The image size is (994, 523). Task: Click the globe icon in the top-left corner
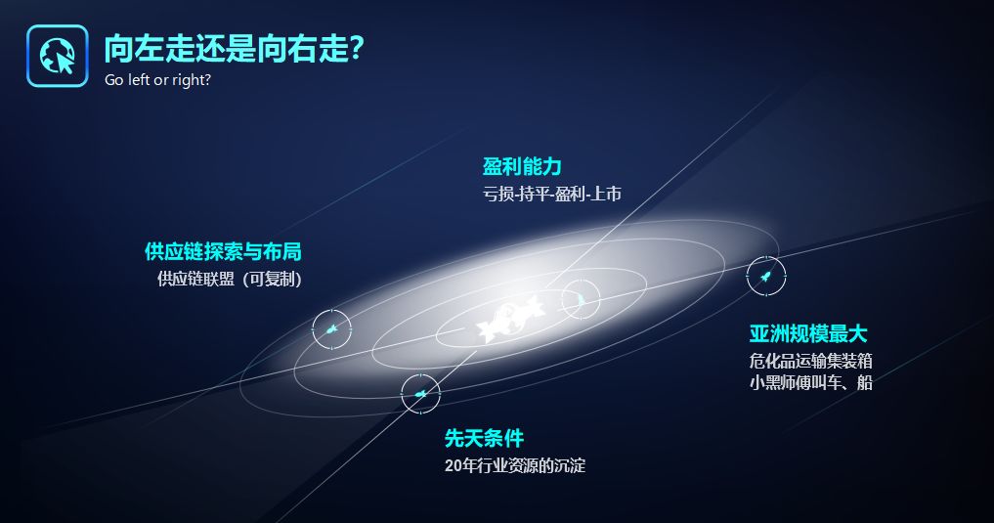click(x=57, y=56)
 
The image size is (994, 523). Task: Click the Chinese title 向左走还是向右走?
click(x=234, y=48)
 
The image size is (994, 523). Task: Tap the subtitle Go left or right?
click(x=158, y=80)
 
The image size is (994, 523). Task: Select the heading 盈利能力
click(x=522, y=167)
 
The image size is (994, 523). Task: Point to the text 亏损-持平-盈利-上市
click(x=552, y=194)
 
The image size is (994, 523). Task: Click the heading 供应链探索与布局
click(x=223, y=251)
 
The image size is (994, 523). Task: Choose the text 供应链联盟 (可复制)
click(x=230, y=279)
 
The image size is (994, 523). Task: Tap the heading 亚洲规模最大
click(x=808, y=334)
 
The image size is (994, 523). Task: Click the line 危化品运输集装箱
click(x=811, y=362)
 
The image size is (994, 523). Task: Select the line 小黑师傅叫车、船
click(x=811, y=383)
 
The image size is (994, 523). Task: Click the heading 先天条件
click(x=485, y=438)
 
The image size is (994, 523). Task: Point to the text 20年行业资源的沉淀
click(x=515, y=466)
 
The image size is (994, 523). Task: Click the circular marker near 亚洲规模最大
click(x=766, y=276)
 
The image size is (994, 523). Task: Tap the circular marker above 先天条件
click(x=420, y=394)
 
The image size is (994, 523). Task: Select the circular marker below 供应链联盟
click(x=331, y=329)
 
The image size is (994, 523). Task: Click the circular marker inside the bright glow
click(x=581, y=299)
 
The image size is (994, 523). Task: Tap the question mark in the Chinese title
click(x=357, y=48)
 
